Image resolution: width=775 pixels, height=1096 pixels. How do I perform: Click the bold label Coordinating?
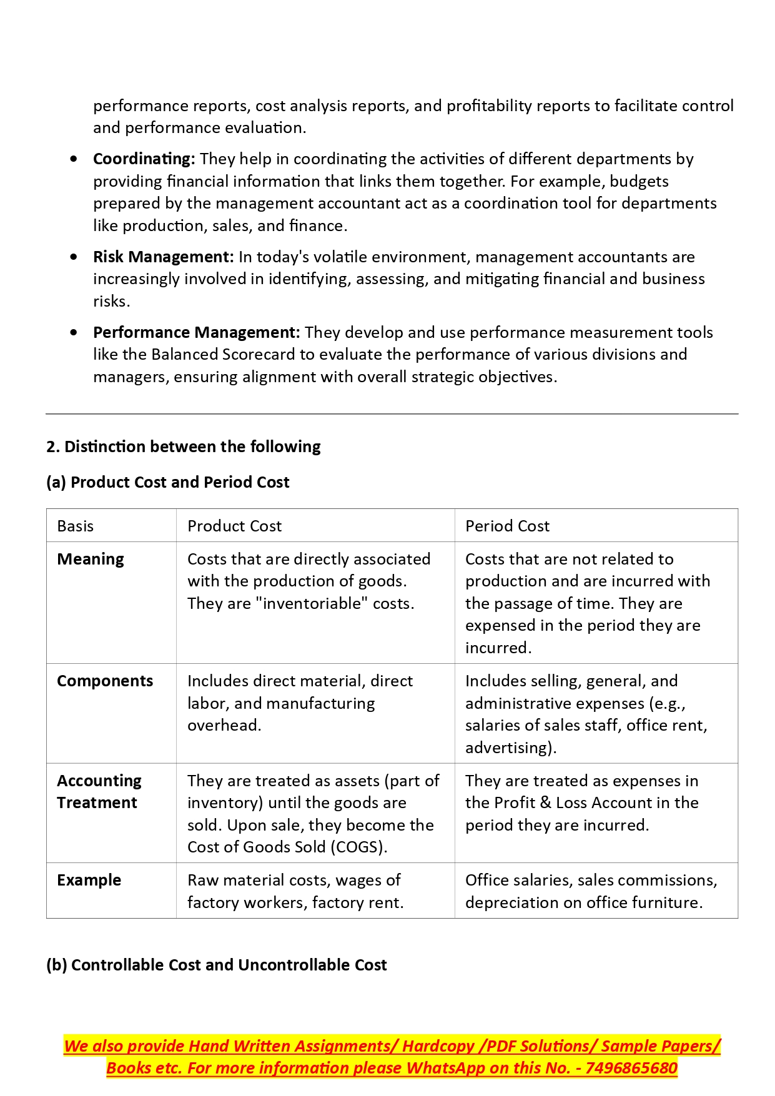pos(144,159)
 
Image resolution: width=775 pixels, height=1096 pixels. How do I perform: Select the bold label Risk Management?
pos(163,257)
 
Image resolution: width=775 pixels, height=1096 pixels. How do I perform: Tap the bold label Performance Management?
pos(196,333)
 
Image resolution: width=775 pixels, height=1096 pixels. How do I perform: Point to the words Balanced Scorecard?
pos(222,355)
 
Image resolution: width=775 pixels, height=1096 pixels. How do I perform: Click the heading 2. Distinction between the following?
pos(183,447)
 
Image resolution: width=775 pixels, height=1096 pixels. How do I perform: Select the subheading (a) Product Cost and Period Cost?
pos(167,483)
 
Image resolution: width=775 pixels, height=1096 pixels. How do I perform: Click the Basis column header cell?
pos(76,526)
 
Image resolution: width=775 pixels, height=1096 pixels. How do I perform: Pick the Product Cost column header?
pos(234,526)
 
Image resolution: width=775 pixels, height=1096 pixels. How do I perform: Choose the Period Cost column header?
pos(507,526)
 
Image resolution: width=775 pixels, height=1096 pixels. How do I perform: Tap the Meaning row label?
pos(91,560)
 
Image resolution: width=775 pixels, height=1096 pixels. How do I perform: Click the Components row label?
pos(105,681)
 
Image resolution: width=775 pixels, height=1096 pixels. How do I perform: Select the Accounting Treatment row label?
pos(99,792)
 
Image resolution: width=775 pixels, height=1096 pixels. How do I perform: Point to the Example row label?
pos(89,881)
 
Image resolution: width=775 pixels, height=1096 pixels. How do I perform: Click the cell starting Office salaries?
pos(591,891)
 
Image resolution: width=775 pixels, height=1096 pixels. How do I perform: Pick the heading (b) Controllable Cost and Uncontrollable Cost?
pos(216,965)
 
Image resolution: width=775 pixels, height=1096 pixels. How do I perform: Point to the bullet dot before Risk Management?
pos(74,257)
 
